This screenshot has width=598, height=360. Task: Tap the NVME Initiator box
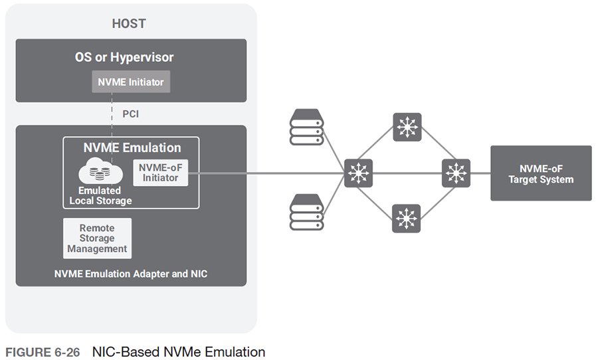tap(131, 82)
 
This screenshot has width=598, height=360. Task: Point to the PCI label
tap(131, 114)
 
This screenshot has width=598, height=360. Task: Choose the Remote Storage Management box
tap(97, 238)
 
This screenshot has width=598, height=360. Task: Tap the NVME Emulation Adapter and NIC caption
tap(131, 273)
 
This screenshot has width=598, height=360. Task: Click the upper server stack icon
tap(306, 128)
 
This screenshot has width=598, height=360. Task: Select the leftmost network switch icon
tap(359, 173)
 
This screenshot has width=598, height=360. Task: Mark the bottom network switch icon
tap(406, 218)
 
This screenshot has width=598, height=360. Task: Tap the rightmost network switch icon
tap(456, 173)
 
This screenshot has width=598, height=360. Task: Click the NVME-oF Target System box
tap(541, 173)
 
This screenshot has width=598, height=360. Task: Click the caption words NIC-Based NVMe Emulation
tap(178, 351)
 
